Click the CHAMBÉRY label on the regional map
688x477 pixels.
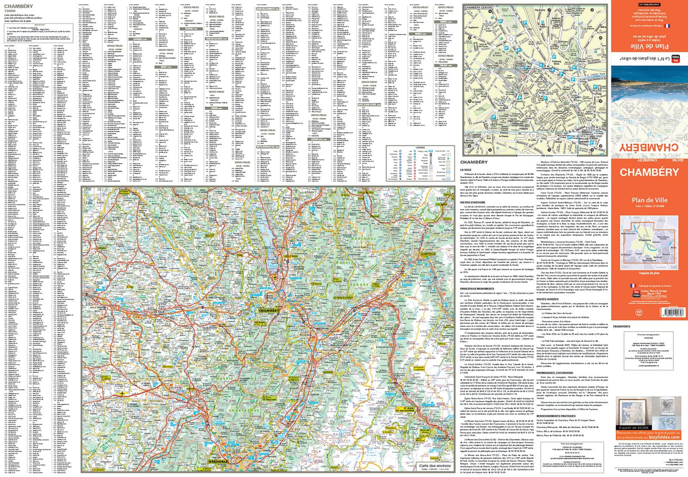[x=269, y=311]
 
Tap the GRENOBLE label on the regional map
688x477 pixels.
[x=218, y=461]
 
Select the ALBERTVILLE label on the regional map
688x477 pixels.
[x=427, y=254]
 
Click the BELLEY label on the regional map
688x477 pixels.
[x=210, y=236]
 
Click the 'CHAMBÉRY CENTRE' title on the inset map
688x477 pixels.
[x=478, y=8]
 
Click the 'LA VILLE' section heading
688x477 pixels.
[x=466, y=170]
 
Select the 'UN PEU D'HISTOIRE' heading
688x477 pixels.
[x=472, y=202]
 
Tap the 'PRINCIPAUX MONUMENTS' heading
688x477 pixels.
[x=477, y=288]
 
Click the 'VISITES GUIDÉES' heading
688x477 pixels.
[x=548, y=299]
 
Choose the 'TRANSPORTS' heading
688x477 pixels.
[x=621, y=327]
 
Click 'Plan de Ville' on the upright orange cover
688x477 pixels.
[x=649, y=200]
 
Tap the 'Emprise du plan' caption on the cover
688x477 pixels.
[x=649, y=273]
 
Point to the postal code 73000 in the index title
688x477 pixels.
[x=10, y=11]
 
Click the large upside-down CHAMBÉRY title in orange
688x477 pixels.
[x=649, y=148]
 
